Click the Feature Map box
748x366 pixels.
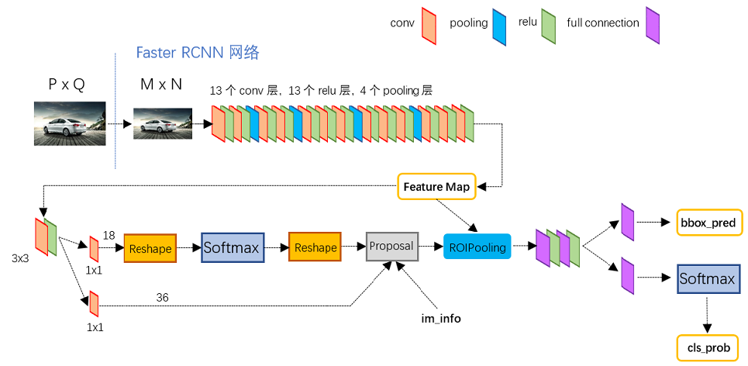point(434,187)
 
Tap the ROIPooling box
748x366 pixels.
point(477,247)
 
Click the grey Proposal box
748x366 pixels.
point(391,246)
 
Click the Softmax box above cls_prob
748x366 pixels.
point(706,278)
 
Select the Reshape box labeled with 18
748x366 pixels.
point(150,248)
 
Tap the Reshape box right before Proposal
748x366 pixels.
point(315,247)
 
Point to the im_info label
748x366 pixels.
point(439,318)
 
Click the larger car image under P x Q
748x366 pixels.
point(69,123)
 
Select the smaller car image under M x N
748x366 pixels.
point(163,123)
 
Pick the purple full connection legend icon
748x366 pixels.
point(653,22)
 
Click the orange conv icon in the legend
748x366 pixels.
point(429,22)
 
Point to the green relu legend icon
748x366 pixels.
point(549,22)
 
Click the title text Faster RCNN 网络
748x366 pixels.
point(198,53)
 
